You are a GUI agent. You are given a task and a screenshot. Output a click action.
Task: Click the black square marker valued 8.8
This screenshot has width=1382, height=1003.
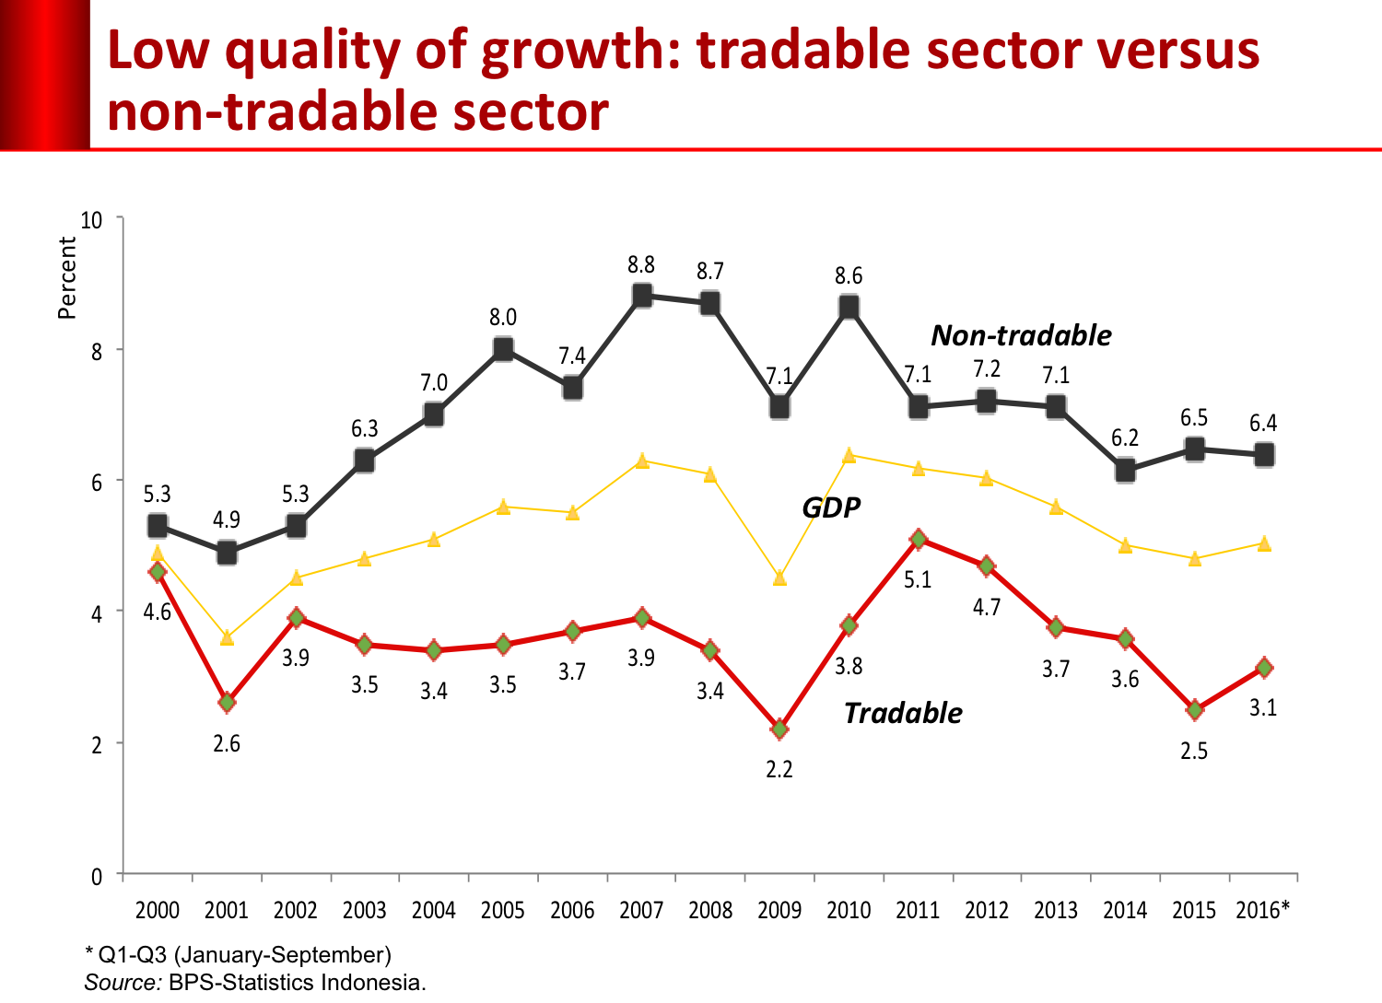click(x=642, y=296)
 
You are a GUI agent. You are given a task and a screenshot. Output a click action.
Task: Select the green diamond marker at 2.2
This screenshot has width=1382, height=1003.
click(x=779, y=729)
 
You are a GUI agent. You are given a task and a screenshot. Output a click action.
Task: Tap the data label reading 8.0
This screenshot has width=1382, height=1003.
click(x=503, y=318)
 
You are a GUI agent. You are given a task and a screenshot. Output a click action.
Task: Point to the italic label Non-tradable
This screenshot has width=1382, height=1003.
click(x=1021, y=335)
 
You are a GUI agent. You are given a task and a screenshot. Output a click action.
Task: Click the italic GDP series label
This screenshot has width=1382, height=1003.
click(x=831, y=507)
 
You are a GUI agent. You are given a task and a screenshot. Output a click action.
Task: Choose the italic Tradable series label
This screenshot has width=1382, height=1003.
click(x=903, y=713)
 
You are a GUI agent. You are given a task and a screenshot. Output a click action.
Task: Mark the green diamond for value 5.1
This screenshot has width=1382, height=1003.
click(x=918, y=540)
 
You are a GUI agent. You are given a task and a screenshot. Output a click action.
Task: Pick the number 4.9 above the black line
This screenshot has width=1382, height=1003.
click(x=227, y=519)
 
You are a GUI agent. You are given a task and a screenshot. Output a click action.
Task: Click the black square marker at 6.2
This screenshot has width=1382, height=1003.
click(x=1125, y=472)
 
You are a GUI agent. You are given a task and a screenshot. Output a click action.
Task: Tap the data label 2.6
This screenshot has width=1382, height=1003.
click(x=227, y=744)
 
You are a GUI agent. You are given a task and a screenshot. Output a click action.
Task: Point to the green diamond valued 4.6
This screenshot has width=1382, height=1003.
click(x=158, y=572)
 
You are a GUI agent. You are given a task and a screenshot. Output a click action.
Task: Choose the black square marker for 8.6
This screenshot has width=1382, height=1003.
click(x=849, y=307)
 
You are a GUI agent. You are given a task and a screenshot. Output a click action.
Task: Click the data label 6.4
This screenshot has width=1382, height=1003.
click(x=1263, y=424)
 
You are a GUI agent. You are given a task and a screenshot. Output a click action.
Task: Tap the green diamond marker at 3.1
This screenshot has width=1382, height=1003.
click(x=1264, y=668)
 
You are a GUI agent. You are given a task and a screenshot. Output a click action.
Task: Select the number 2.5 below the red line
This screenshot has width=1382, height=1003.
click(x=1194, y=752)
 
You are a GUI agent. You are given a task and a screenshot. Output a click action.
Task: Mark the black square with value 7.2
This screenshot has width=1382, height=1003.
click(x=987, y=402)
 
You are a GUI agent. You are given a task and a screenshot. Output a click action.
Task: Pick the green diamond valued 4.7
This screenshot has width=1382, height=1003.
click(x=987, y=566)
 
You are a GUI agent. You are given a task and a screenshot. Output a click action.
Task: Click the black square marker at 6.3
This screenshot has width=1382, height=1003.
click(x=365, y=461)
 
